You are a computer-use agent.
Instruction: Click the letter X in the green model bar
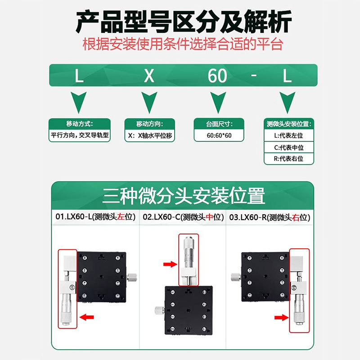[148, 76]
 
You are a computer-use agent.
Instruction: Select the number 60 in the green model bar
[217, 76]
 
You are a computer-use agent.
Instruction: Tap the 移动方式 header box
[80, 124]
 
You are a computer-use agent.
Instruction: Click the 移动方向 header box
[149, 124]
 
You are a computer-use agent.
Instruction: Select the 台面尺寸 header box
[219, 124]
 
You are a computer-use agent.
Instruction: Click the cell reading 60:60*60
[219, 135]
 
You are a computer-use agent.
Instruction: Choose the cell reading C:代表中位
[289, 147]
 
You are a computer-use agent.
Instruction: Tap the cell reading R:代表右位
[289, 158]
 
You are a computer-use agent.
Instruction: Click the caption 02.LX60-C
[183, 217]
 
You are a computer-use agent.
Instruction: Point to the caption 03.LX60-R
[270, 217]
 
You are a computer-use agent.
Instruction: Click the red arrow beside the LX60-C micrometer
[170, 265]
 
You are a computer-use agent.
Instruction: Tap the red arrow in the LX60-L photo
[87, 318]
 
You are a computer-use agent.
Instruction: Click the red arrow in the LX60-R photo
[281, 318]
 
